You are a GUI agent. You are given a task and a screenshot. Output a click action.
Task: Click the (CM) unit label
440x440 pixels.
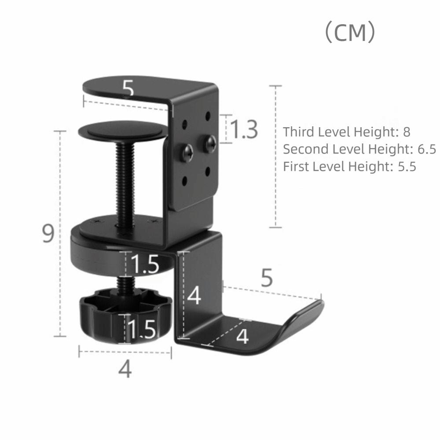[350, 33]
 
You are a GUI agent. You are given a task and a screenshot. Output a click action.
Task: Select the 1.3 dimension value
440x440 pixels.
[244, 129]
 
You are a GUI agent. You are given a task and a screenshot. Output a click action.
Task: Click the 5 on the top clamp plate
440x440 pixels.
[128, 89]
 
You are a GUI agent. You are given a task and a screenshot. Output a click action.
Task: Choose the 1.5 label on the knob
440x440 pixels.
[142, 329]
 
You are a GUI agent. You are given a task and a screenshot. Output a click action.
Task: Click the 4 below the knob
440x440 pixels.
[125, 369]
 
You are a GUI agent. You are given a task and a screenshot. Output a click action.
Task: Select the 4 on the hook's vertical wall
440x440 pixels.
[194, 295]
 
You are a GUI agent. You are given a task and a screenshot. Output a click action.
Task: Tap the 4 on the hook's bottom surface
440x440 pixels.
[242, 337]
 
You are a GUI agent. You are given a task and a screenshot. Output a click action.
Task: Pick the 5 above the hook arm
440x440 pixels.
[267, 278]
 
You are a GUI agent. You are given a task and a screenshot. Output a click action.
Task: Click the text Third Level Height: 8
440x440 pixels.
[346, 132]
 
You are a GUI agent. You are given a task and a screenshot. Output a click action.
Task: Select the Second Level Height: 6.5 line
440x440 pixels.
[359, 149]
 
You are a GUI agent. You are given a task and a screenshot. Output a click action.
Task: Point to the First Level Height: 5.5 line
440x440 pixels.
[349, 167]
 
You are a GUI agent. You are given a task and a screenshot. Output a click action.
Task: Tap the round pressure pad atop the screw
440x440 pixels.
[123, 131]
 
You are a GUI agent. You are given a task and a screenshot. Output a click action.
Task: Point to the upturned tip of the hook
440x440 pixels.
[318, 307]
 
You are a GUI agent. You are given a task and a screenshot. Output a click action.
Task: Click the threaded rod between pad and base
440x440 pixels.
[125, 180]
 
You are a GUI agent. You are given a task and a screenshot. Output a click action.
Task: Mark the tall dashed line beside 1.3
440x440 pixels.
[275, 156]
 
